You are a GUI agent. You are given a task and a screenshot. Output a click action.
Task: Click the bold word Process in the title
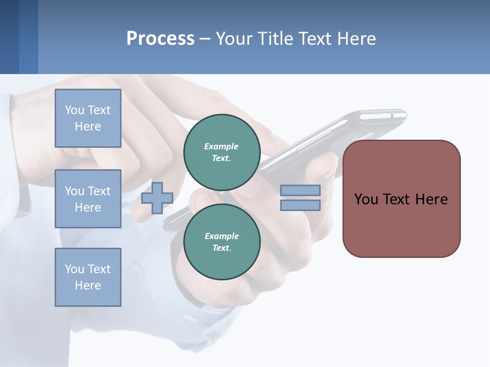(160, 39)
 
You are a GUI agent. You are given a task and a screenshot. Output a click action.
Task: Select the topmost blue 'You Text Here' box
(88, 118)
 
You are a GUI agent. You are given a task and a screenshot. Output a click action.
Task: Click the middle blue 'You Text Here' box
(88, 199)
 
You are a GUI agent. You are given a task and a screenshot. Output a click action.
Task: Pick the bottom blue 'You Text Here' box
(88, 277)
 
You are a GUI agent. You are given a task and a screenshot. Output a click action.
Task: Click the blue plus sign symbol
(157, 198)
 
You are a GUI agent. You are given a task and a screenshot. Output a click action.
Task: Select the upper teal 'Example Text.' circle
(222, 152)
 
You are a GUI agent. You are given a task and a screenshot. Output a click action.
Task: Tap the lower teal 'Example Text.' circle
(222, 242)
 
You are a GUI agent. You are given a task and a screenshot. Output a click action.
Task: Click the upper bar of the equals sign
(300, 190)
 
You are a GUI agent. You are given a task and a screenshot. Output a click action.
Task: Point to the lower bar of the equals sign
(300, 205)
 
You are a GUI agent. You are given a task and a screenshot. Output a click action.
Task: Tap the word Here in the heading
(356, 39)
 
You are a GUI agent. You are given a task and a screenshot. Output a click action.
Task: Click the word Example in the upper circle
(222, 146)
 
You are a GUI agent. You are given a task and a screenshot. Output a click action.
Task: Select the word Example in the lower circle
(222, 236)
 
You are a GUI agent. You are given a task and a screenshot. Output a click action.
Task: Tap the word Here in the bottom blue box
(88, 285)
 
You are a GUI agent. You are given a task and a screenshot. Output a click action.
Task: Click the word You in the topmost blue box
(75, 110)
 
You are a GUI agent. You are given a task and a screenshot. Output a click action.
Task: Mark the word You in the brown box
(366, 199)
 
